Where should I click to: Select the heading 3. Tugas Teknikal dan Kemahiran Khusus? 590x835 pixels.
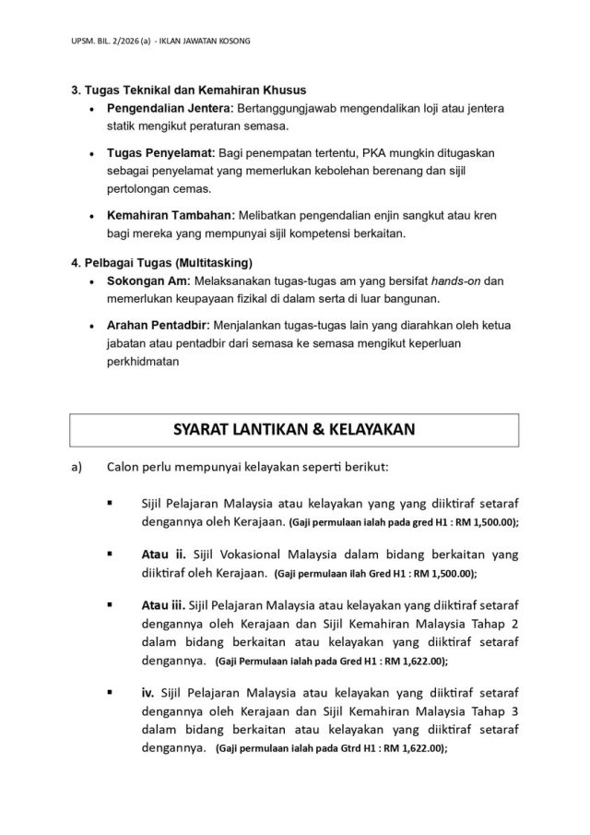tap(189, 90)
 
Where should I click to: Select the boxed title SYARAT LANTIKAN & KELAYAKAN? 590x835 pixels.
tap(295, 429)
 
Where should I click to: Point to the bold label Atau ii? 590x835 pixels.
tap(163, 555)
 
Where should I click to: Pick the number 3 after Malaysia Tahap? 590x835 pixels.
tap(514, 710)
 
